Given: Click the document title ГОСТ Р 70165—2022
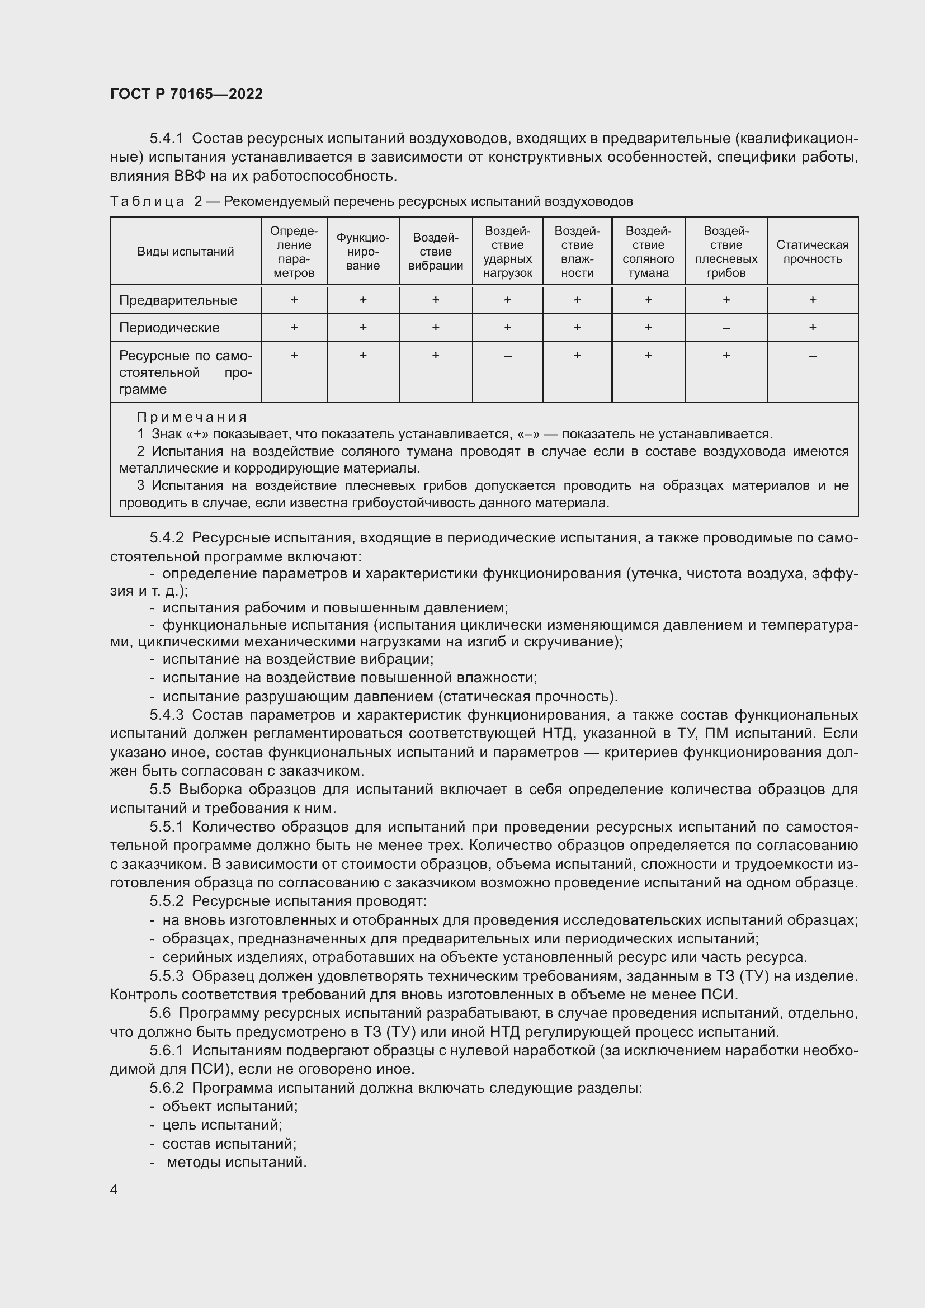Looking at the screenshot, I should [186, 94].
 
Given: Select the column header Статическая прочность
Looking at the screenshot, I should [812, 252].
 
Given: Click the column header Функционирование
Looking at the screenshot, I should [363, 252].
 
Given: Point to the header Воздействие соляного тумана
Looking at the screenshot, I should [648, 252].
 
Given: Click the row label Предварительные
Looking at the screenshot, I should [178, 300].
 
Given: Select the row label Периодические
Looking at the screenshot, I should [169, 328].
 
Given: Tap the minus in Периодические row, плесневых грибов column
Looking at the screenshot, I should [726, 328].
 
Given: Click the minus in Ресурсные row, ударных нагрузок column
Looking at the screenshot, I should [507, 356].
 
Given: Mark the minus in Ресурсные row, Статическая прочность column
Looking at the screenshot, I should [812, 356].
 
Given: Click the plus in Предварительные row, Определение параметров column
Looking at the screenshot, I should [294, 300].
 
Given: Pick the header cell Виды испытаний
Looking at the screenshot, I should [185, 252].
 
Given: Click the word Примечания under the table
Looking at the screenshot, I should [192, 417].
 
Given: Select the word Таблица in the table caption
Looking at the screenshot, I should [147, 201].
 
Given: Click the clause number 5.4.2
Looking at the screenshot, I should [166, 538].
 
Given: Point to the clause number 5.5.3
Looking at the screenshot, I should [166, 976].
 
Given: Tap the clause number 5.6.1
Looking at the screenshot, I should [166, 1050].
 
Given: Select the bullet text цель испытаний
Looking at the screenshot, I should [222, 1125].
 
